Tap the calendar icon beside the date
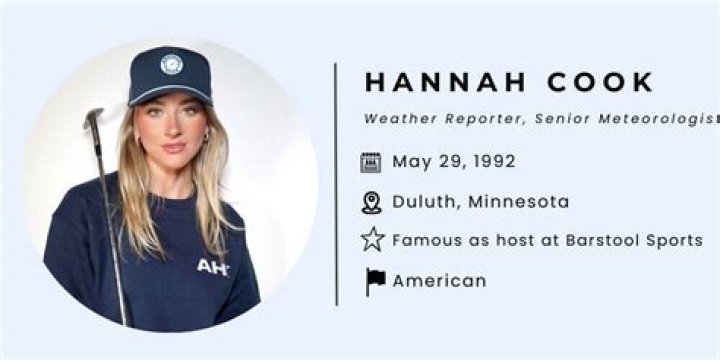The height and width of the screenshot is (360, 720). pos(371,162)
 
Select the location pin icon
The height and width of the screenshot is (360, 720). pos(371,203)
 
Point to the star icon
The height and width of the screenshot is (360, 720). pos(372,240)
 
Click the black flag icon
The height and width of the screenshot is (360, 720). pos(375,281)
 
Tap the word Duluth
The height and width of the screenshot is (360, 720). pos(422,202)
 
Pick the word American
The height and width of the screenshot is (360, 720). pos(439,281)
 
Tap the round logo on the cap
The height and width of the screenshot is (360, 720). pos(172,64)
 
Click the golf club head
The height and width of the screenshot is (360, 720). pos(94,118)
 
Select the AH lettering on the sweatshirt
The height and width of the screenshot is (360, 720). pos(212,267)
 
